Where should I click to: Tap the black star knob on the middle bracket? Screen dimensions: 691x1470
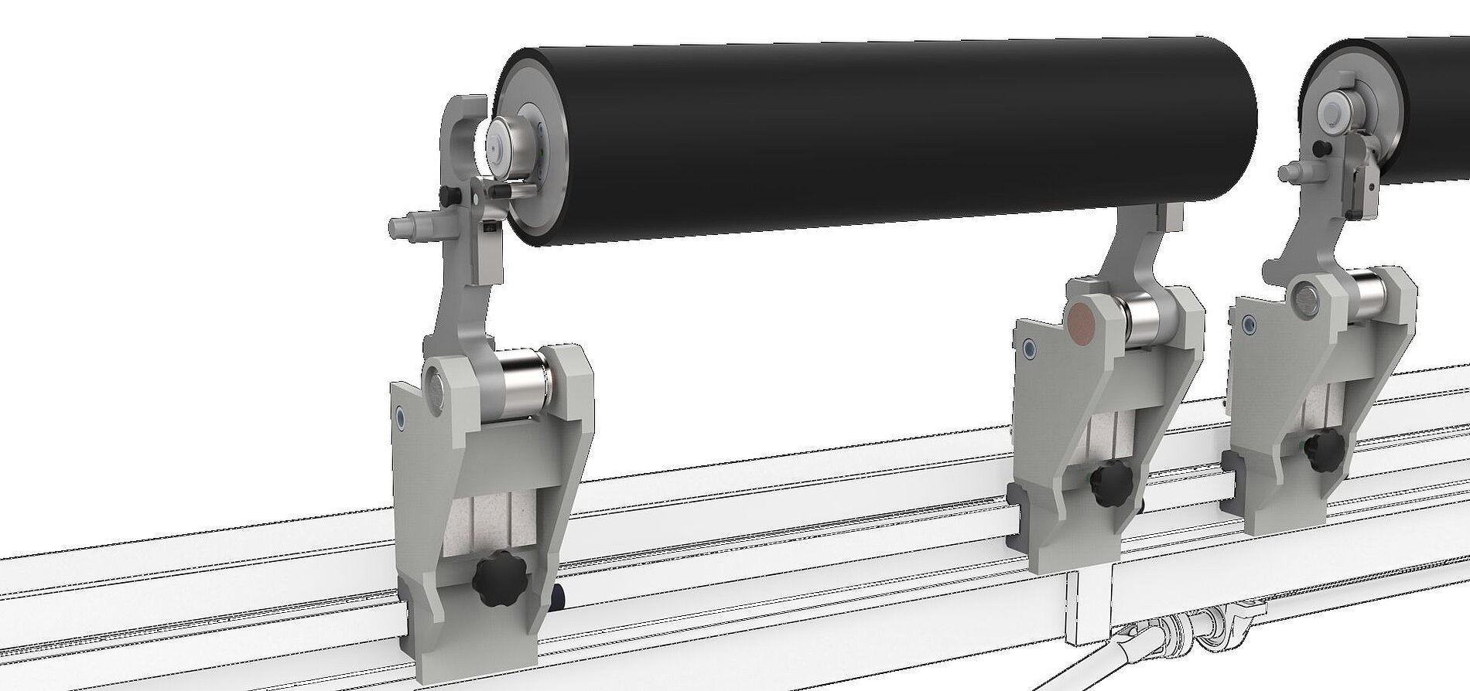pos(1110,485)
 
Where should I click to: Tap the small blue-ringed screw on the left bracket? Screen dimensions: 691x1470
pos(399,417)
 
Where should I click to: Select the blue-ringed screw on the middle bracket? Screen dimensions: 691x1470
pos(1028,349)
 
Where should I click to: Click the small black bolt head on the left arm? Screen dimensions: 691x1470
pos(446,192)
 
